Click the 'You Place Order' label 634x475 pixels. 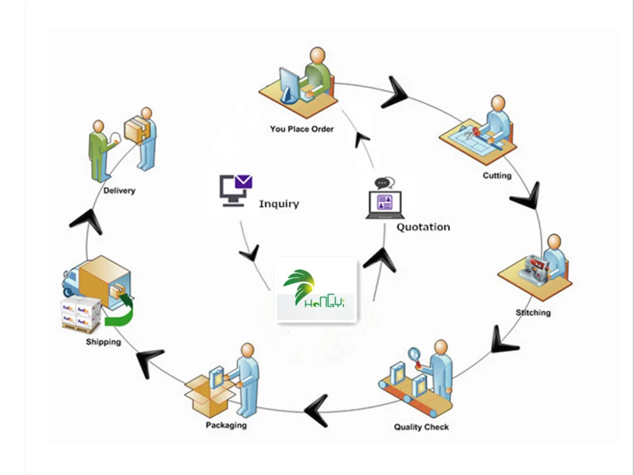[x=301, y=129]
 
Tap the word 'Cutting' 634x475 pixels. [x=496, y=175]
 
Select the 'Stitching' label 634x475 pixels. [x=533, y=313]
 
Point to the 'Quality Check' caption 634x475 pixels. [x=421, y=427]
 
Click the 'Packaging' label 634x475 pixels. [x=226, y=425]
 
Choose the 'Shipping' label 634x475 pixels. [x=103, y=343]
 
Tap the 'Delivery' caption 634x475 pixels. [x=119, y=191]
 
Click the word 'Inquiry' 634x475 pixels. [x=278, y=204]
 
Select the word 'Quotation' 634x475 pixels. [x=423, y=227]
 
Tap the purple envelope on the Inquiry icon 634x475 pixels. [x=243, y=182]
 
